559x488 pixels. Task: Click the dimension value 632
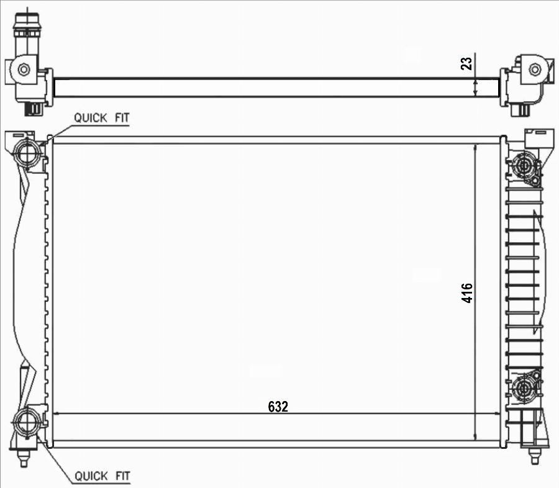click(x=278, y=407)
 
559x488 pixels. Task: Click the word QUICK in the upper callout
click(x=89, y=117)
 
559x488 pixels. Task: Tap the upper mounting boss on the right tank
click(x=522, y=166)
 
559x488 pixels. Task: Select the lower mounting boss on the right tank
click(x=523, y=389)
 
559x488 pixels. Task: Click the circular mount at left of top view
click(x=24, y=69)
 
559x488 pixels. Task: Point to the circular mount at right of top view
click(x=534, y=69)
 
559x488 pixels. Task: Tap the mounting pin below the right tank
click(x=534, y=458)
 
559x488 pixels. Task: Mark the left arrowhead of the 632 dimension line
click(x=58, y=414)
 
